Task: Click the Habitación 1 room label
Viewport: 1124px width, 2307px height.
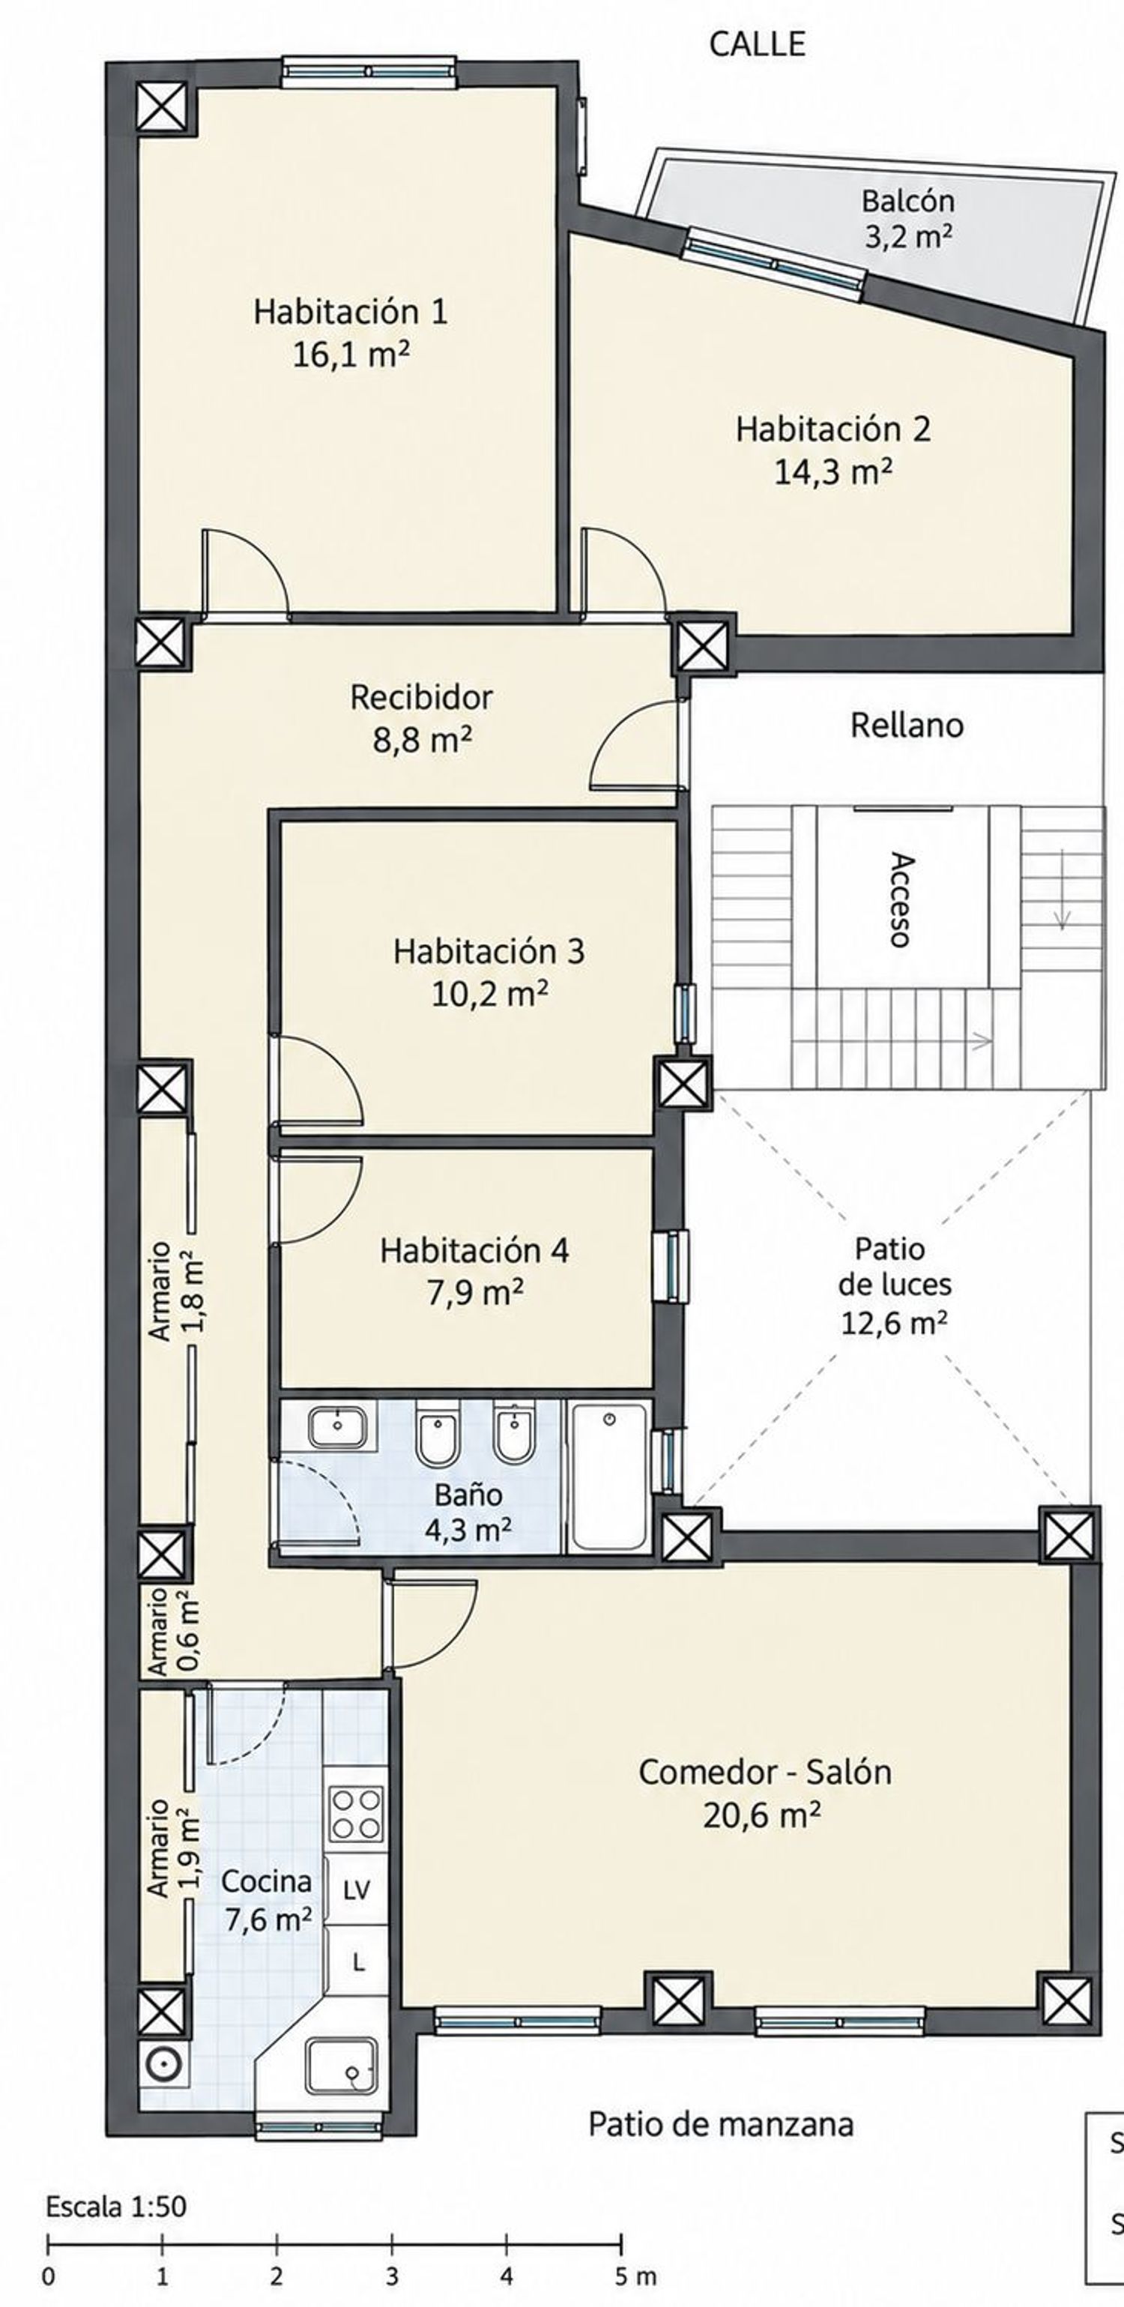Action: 350,312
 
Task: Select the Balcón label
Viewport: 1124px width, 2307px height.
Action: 907,201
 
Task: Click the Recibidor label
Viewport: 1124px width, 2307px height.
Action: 421,697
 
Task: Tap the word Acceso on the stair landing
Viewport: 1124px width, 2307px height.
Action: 901,899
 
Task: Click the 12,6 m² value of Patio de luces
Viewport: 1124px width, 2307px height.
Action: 893,1322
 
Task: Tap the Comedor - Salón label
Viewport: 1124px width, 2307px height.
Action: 765,1773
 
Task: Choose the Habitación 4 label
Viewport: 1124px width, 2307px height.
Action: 474,1250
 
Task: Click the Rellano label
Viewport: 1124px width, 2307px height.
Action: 907,725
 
